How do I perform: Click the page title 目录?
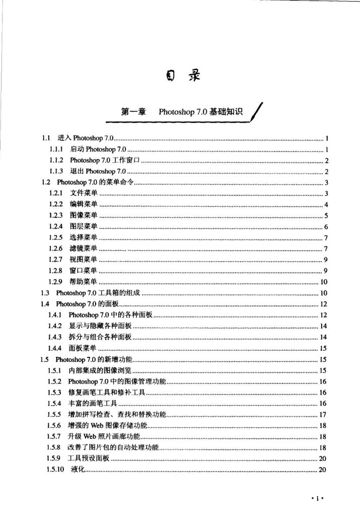click(180, 77)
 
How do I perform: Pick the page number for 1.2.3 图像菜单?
click(326, 215)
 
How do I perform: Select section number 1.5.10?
click(60, 470)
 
